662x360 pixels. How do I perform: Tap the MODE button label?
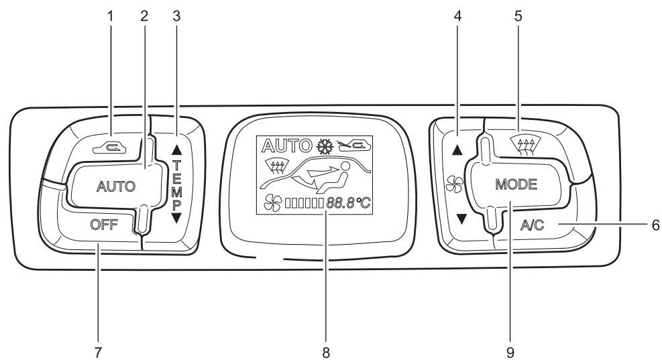516,186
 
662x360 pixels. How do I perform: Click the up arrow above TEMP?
178,133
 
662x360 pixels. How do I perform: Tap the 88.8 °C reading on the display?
347,202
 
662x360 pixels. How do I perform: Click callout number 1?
111,16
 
